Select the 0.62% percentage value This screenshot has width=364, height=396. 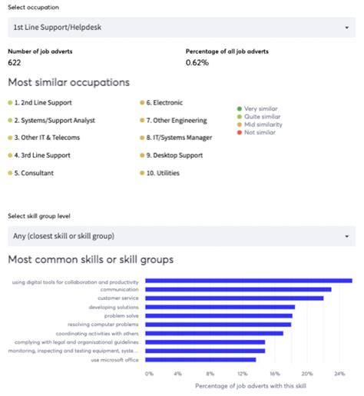(197, 62)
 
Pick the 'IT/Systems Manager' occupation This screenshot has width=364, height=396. (179, 138)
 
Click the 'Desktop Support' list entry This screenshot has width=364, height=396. (175, 155)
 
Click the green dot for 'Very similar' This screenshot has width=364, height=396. (240, 109)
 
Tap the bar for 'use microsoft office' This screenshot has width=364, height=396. (200, 359)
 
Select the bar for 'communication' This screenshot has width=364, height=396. (238, 289)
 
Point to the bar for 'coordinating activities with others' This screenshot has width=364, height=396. (214, 333)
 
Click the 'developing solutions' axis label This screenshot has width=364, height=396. (114, 307)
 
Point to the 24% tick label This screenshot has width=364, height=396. (339, 374)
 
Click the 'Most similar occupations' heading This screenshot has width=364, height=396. (68, 82)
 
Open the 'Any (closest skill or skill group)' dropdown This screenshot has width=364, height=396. (181, 236)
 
